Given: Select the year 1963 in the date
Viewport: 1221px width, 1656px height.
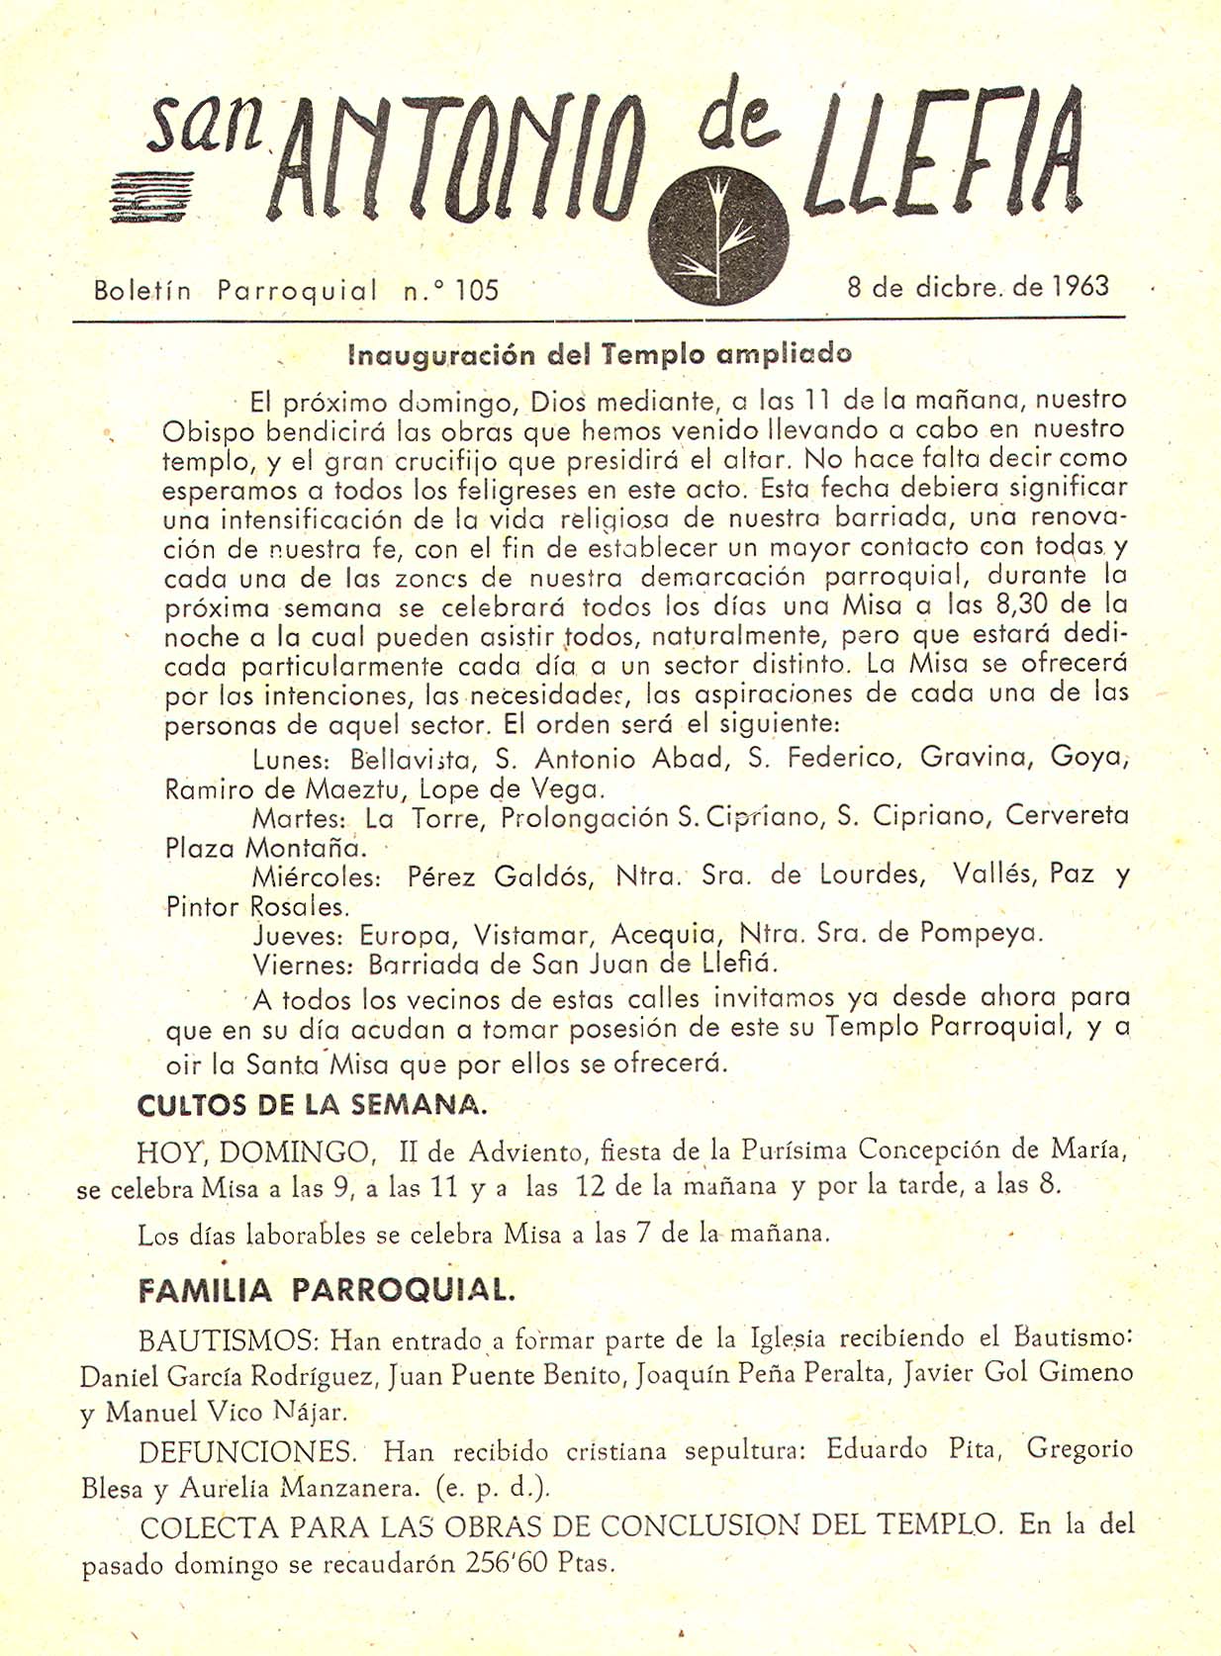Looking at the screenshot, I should tap(1080, 287).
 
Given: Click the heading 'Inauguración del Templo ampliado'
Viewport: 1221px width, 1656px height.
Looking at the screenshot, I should tap(600, 354).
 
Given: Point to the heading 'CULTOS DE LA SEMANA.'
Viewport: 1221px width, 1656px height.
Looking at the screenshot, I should tap(312, 1105).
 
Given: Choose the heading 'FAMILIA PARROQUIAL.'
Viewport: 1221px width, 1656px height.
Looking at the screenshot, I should tap(327, 1290).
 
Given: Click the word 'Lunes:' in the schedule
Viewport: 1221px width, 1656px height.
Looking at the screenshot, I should tap(290, 760).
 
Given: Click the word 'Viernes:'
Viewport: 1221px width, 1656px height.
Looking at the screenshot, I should tap(302, 965).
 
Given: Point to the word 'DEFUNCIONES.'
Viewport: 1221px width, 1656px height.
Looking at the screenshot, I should tap(247, 1452).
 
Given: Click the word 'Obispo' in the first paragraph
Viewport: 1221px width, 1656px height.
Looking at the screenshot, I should tap(208, 432).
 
